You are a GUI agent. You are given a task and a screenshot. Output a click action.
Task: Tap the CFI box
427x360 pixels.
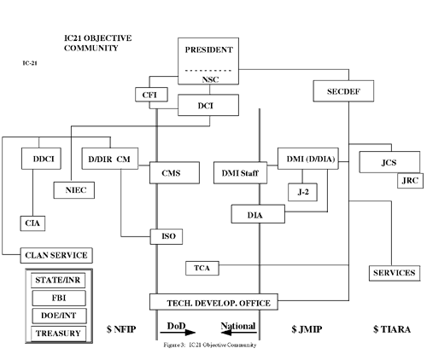coord(149,94)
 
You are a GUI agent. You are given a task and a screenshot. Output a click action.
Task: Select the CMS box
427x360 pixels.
coord(169,172)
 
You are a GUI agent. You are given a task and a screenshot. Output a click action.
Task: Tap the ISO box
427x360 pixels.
coord(166,235)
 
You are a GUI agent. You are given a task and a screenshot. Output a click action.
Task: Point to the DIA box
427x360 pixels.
coord(254,214)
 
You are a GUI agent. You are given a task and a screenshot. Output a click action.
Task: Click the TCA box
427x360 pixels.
coord(202,269)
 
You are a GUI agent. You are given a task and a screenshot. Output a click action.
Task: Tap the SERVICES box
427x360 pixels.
coord(394,273)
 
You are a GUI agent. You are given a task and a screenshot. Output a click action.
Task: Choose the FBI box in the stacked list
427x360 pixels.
coord(57,299)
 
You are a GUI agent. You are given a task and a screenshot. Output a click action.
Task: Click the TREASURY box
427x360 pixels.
coord(57,334)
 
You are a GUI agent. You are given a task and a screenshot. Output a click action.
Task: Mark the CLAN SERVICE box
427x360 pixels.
coord(57,255)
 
